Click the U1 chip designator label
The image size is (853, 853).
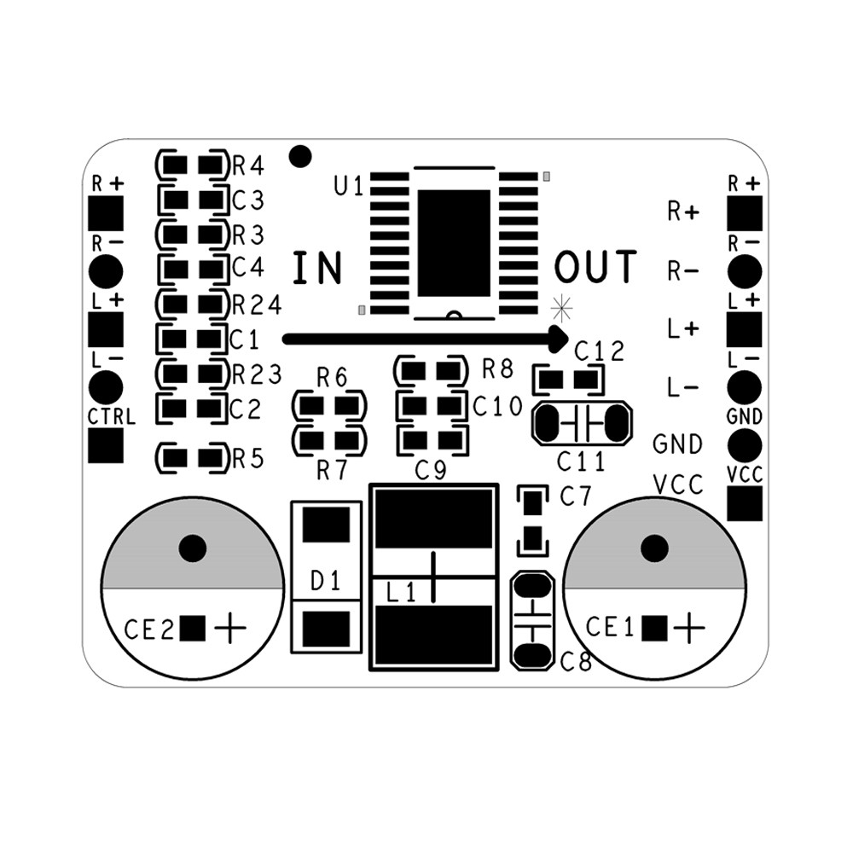tap(349, 185)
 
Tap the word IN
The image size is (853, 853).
tap(317, 268)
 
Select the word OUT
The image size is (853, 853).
tap(595, 267)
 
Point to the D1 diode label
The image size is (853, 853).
tap(325, 583)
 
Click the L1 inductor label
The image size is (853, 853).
tap(401, 593)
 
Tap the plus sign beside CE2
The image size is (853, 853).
tap(230, 630)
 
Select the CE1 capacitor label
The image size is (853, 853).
tap(610, 628)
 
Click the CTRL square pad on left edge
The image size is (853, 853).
tap(106, 444)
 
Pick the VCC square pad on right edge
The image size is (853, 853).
tap(745, 503)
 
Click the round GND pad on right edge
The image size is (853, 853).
tap(745, 444)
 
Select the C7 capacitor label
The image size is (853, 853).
tap(576, 496)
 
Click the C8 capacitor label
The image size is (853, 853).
tap(576, 660)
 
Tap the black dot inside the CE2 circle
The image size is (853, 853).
tap(193, 548)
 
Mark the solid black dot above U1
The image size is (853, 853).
tap(299, 156)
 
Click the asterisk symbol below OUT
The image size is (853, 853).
tap(561, 305)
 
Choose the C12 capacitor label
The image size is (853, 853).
tap(600, 351)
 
